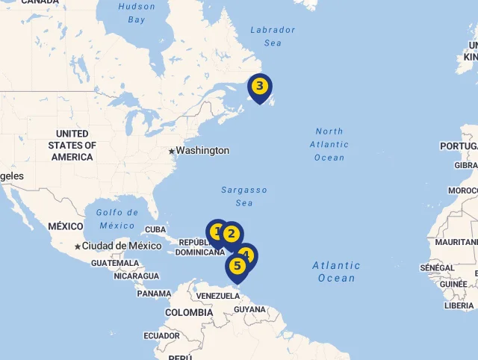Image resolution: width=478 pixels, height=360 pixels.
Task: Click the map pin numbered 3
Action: click(259, 87)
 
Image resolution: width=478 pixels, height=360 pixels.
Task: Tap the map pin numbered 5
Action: click(238, 266)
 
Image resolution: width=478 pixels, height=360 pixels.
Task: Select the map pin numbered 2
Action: click(231, 235)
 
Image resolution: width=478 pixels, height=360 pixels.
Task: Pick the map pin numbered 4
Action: click(247, 255)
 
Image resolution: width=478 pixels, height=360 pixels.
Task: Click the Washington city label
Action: click(202, 151)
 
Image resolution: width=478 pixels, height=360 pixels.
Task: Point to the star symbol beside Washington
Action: click(171, 151)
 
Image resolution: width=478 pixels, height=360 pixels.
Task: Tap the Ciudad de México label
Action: click(122, 246)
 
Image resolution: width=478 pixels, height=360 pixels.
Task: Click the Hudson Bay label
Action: click(137, 13)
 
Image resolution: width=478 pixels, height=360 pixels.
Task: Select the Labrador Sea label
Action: click(273, 37)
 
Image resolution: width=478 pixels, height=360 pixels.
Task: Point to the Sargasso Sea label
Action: click(244, 196)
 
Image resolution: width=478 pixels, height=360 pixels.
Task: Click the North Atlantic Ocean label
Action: click(329, 144)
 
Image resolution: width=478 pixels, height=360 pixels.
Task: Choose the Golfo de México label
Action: click(117, 219)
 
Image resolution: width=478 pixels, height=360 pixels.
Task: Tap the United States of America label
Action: click(72, 146)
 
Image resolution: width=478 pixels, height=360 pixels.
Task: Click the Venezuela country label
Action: click(217, 297)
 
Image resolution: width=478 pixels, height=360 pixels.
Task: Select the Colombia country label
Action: click(184, 313)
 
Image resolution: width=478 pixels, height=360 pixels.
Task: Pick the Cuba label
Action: click(155, 230)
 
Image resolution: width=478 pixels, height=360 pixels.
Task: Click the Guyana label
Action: click(249, 309)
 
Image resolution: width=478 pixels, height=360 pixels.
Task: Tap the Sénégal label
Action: click(437, 267)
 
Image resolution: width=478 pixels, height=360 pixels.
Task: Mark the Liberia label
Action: click(459, 305)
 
